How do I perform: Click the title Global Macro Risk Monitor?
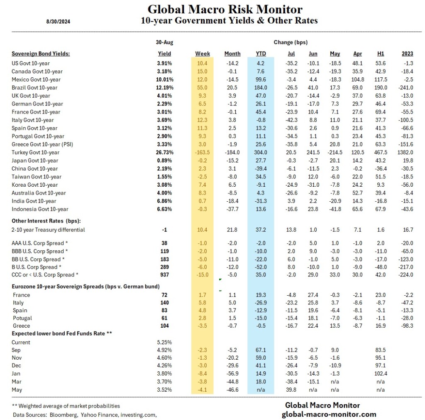click(225, 9)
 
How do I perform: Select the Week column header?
click(203, 54)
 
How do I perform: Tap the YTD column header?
click(261, 54)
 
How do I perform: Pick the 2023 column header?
click(407, 54)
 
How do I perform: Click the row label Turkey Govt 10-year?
click(35, 153)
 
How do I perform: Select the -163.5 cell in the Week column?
click(203, 153)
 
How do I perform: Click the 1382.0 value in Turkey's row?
click(407, 153)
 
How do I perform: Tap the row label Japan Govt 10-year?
click(35, 161)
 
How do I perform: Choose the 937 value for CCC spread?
click(164, 275)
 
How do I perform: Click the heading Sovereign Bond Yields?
click(41, 54)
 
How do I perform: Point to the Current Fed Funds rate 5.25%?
click(164, 342)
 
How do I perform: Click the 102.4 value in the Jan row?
click(380, 374)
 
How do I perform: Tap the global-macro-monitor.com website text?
click(329, 414)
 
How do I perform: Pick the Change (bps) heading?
click(291, 42)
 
